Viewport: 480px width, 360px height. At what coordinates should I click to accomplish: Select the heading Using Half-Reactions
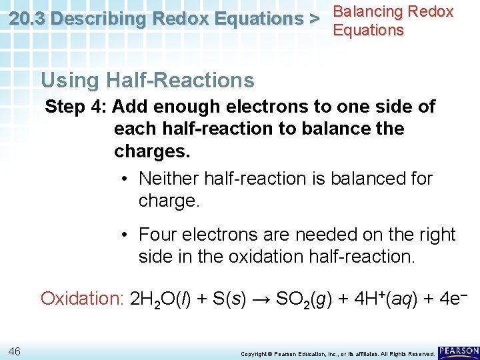pos(147,81)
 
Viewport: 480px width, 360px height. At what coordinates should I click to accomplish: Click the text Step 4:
pos(75,107)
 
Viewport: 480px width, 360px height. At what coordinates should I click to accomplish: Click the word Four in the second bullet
pos(155,235)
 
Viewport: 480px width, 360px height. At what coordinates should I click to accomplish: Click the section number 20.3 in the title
pos(27,19)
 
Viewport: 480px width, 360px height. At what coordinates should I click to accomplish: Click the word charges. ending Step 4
pos(152,151)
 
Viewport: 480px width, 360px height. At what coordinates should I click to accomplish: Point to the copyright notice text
pos(337,353)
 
